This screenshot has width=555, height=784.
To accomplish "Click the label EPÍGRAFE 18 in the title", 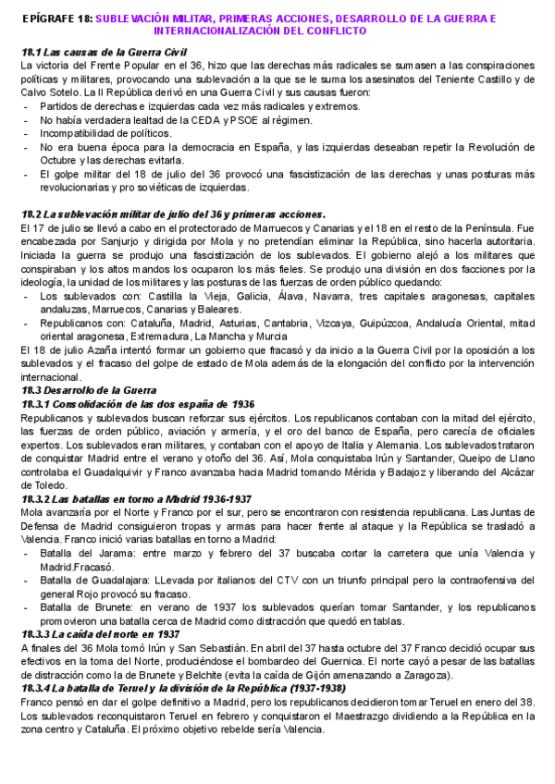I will tap(55, 18).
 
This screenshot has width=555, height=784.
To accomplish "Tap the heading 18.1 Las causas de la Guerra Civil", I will tap(103, 55).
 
